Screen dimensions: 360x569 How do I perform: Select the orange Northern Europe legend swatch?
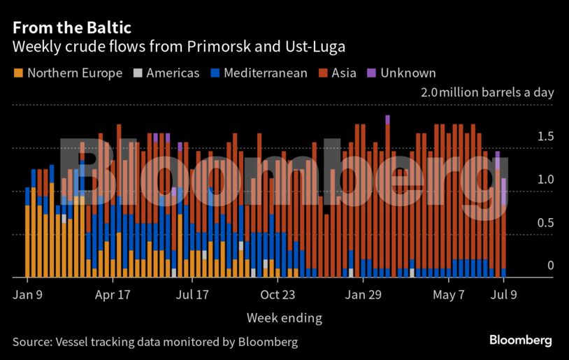coord(18,73)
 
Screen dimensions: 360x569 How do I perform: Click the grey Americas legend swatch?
coord(138,73)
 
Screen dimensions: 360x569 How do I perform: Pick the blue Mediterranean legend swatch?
coord(216,73)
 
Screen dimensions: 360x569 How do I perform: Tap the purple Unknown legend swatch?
coord(372,73)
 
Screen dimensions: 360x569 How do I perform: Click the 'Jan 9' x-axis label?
coord(28,295)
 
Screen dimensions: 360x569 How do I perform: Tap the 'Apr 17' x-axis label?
coord(113,295)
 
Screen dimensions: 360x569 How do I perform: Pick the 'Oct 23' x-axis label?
coord(278,295)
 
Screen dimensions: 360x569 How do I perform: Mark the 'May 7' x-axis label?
coord(449,295)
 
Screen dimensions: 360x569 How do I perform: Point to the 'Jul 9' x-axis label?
coord(504,295)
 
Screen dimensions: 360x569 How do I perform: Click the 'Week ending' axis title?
coord(284,318)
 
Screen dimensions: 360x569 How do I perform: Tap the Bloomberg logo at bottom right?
coord(520,340)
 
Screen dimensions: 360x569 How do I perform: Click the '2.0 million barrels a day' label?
coord(487,92)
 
